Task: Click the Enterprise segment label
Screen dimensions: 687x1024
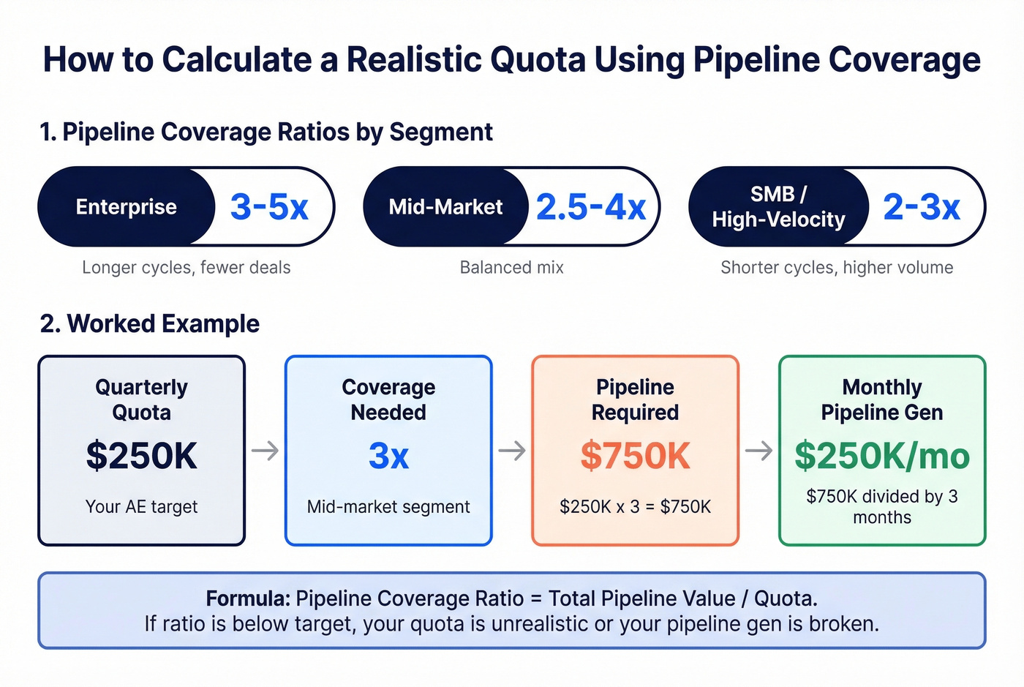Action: [x=126, y=207]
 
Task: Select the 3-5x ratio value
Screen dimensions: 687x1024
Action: [x=269, y=207]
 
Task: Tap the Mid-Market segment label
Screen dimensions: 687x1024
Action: [x=445, y=207]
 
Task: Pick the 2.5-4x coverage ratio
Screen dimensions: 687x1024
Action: [x=590, y=207]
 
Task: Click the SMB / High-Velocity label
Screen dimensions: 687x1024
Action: [x=778, y=207]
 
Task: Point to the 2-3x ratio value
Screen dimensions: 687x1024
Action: [x=921, y=207]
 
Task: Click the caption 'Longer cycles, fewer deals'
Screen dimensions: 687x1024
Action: [x=186, y=268]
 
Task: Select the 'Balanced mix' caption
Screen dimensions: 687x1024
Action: [x=511, y=268]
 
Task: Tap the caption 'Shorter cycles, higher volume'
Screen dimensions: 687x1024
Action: [x=837, y=268]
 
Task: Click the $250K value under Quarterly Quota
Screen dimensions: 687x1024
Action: [x=141, y=456]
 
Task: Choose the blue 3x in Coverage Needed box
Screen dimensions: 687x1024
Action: [x=388, y=457]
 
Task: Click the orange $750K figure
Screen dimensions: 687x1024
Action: [x=635, y=457]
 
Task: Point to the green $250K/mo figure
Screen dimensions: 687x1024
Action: [x=882, y=456]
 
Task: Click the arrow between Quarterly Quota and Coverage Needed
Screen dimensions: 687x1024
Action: [x=265, y=451]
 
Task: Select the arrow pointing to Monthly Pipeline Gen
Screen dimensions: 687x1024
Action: [x=758, y=451]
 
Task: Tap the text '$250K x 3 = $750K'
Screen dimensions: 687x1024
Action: [x=635, y=507]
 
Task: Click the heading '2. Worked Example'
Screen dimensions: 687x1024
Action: [x=150, y=323]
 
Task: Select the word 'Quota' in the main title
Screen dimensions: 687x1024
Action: [x=538, y=60]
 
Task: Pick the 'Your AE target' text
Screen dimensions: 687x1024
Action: [x=141, y=507]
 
